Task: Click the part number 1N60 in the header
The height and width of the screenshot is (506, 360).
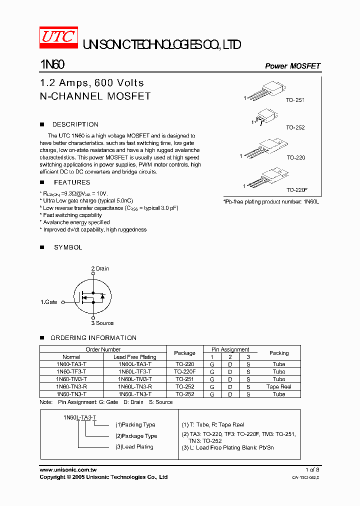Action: click(51, 65)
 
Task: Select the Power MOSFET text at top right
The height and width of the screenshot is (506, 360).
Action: click(292, 66)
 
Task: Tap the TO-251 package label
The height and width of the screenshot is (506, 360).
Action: click(295, 100)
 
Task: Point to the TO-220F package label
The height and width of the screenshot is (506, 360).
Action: click(296, 190)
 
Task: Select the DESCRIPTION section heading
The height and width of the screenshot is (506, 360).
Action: click(75, 124)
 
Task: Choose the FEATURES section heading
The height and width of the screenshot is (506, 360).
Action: click(72, 182)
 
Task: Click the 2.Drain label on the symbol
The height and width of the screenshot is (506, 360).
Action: click(100, 268)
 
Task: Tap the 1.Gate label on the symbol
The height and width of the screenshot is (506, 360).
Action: click(49, 302)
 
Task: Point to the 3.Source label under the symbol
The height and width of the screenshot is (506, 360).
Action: click(102, 323)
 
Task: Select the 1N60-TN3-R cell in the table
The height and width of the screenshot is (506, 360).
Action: click(71, 386)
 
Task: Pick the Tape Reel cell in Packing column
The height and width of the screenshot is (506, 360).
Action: click(278, 386)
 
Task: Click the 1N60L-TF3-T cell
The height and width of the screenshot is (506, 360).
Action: click(134, 371)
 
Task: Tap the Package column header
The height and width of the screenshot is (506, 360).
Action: click(184, 353)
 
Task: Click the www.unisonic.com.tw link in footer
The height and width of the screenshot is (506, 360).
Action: click(68, 469)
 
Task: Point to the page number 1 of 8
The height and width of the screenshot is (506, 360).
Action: click(312, 469)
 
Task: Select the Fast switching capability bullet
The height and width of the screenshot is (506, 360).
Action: click(72, 215)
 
